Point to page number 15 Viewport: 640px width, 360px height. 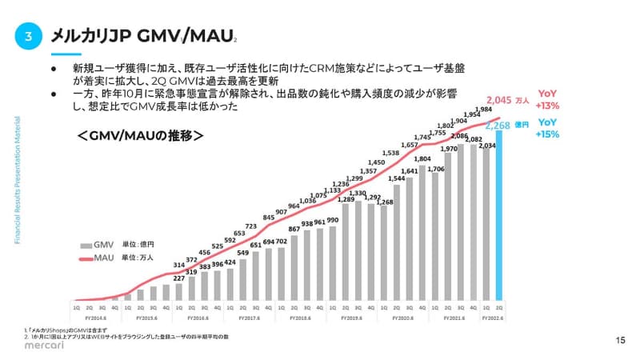point(620,340)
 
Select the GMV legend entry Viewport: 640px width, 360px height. point(95,245)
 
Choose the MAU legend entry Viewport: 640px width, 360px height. point(95,258)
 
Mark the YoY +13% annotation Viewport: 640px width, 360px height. point(548,99)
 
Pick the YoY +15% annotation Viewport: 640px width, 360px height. point(548,128)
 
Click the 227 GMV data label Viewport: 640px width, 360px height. point(178,278)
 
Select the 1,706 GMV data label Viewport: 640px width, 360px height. point(437,170)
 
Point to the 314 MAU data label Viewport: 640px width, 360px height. point(179,265)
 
